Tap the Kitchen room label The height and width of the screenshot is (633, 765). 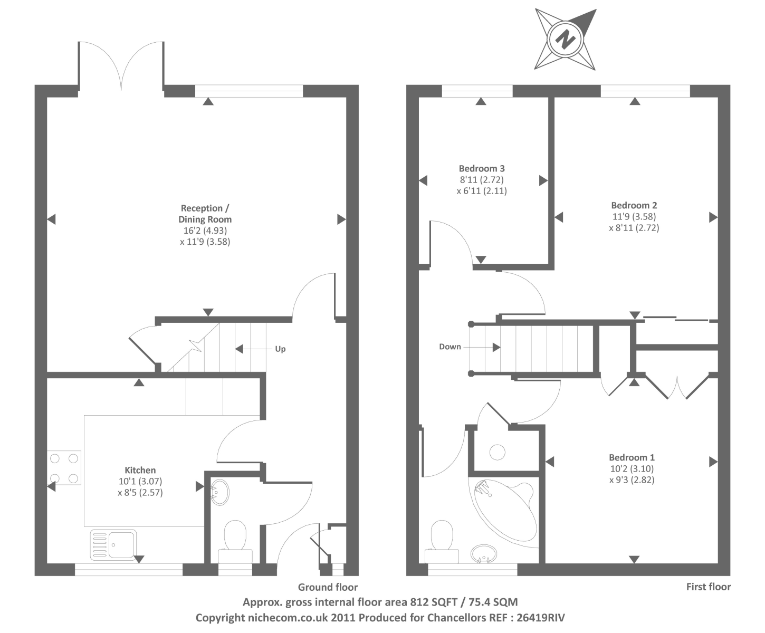[140, 470]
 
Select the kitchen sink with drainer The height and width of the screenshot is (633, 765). [113, 544]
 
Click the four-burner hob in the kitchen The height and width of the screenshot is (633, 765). [64, 468]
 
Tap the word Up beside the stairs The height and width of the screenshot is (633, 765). [280, 349]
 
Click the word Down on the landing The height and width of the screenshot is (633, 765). [450, 347]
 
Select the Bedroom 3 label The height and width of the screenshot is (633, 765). [482, 168]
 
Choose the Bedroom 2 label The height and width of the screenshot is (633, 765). [634, 205]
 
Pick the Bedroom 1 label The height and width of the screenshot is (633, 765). [632, 457]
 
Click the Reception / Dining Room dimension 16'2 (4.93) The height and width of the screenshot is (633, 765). [205, 231]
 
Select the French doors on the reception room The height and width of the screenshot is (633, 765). [121, 66]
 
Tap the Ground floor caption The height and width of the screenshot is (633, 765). [328, 587]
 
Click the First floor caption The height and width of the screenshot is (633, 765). [708, 587]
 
